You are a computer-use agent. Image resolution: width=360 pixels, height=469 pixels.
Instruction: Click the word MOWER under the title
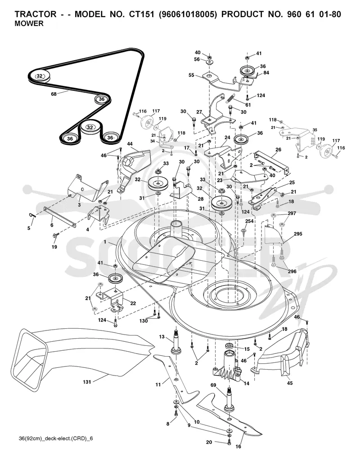(x=29, y=24)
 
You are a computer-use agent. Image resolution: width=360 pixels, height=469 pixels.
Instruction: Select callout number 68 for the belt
(x=54, y=94)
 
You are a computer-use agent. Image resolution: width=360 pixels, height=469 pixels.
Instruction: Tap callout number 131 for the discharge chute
(x=87, y=382)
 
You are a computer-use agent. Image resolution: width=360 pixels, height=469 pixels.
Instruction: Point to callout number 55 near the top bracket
(x=192, y=75)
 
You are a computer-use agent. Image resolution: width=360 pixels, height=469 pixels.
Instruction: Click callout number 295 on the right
(x=298, y=234)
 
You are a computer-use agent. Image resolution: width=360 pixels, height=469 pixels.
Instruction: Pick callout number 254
(x=249, y=221)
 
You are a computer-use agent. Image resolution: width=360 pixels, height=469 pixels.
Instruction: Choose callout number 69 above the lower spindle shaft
(x=213, y=385)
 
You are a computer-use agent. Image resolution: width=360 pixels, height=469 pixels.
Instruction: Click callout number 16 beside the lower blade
(x=238, y=447)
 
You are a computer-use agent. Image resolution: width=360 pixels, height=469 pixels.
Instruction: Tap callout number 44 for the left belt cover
(x=130, y=144)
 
